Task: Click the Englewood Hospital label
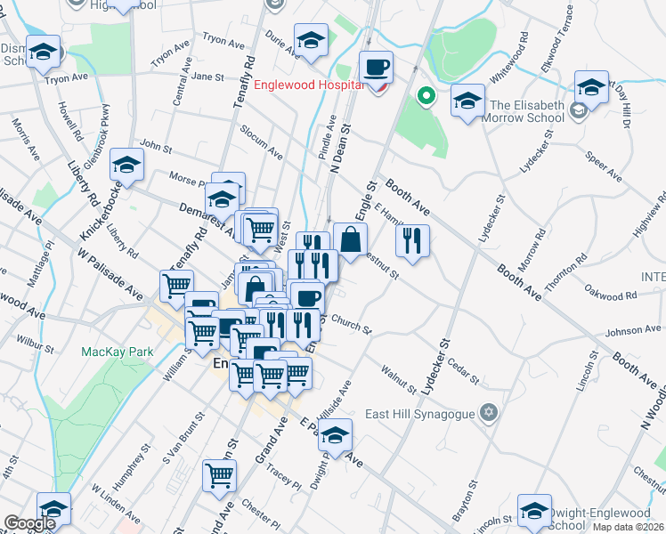click(x=308, y=85)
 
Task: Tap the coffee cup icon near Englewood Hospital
click(x=376, y=67)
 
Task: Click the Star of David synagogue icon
click(x=487, y=413)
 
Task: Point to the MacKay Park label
click(x=117, y=352)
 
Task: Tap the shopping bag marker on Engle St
click(x=351, y=239)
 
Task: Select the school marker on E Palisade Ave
click(x=335, y=436)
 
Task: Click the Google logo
click(x=30, y=523)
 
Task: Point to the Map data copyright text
click(x=629, y=527)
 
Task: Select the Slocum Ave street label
click(x=262, y=142)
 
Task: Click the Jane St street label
click(x=207, y=77)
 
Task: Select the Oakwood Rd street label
click(x=611, y=292)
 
